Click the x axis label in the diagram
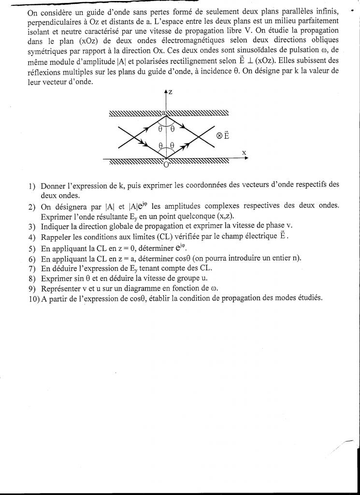(x=244, y=153)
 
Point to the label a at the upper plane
(x=164, y=112)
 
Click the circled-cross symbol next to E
(x=219, y=136)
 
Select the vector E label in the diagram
(x=226, y=135)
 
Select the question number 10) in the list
(x=34, y=298)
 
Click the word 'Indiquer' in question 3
(x=56, y=226)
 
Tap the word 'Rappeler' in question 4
(x=57, y=236)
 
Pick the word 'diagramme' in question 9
(x=157, y=289)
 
